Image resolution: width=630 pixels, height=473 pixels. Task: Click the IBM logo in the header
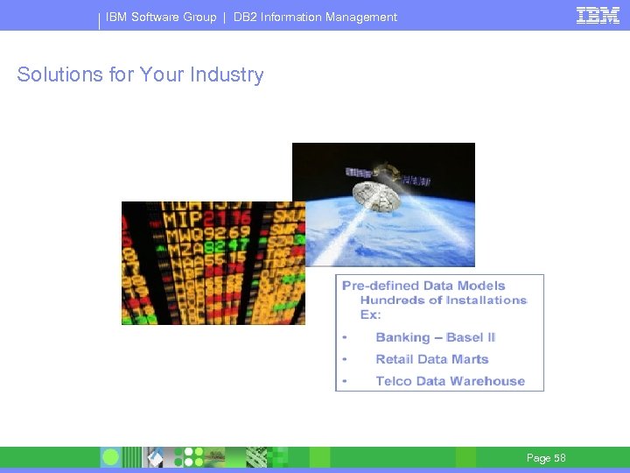tap(598, 15)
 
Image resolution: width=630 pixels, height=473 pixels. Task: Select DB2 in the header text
tap(245, 17)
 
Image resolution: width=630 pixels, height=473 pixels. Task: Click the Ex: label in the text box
tap(371, 314)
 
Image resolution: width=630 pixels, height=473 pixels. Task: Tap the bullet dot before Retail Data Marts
tap(346, 359)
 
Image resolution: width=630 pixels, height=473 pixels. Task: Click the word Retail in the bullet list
tap(394, 359)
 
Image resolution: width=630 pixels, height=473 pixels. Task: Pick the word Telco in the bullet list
tap(393, 381)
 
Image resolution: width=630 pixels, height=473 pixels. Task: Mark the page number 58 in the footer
tap(560, 458)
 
